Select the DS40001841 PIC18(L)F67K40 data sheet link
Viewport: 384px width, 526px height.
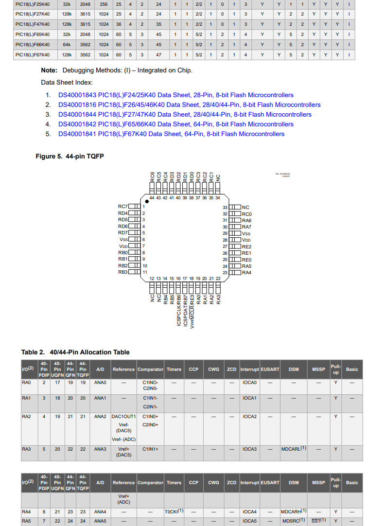click(171, 134)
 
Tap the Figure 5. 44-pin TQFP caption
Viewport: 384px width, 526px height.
click(70, 156)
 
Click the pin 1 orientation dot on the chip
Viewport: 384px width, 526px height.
click(147, 201)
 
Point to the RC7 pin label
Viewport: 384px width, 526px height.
click(122, 207)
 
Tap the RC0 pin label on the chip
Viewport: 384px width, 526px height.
click(247, 214)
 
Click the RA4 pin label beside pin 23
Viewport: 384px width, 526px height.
click(247, 273)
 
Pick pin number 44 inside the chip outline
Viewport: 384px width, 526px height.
click(152, 198)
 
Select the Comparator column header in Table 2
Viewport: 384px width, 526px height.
click(151, 369)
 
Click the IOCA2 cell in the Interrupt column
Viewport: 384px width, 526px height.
click(250, 417)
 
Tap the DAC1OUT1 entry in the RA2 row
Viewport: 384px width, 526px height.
click(123, 417)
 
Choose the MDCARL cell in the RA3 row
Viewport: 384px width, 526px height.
click(294, 449)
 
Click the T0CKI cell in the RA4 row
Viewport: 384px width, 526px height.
click(174, 511)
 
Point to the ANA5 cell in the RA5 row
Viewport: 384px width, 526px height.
click(100, 521)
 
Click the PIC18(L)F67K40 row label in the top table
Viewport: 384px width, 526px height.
click(33, 55)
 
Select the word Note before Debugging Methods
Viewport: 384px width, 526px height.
click(49, 70)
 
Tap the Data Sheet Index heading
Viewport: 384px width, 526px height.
click(67, 83)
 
